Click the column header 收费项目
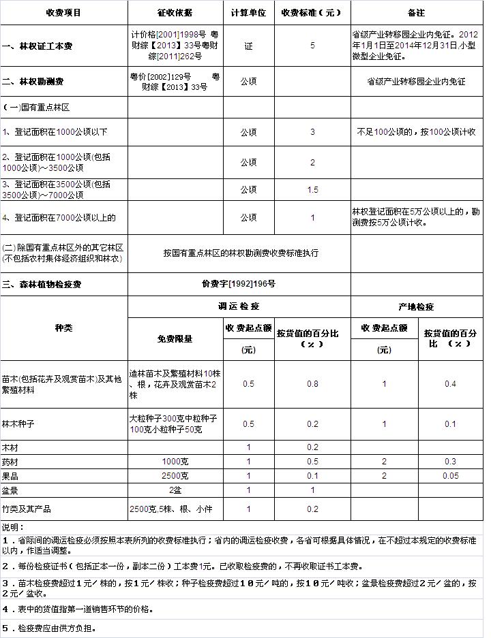[x=63, y=13]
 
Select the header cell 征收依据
[x=175, y=13]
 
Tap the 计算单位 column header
[x=248, y=13]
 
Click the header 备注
[x=416, y=13]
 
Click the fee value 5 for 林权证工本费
[x=312, y=46]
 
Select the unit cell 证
[x=248, y=46]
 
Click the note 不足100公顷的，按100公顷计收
[x=416, y=132]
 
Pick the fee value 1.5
[x=312, y=189]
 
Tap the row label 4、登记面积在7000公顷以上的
[x=59, y=218]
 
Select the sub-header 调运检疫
[x=239, y=306]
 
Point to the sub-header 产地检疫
[x=416, y=306]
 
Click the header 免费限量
[x=175, y=338]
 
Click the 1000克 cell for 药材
[x=175, y=462]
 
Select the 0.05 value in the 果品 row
[x=450, y=475]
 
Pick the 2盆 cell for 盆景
[x=175, y=490]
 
